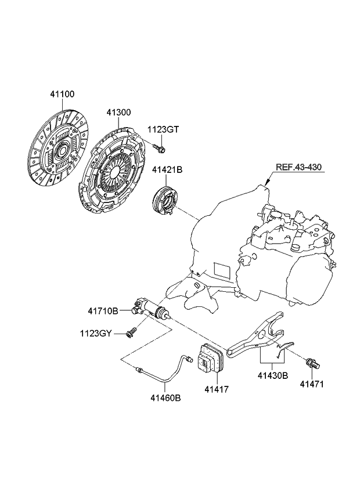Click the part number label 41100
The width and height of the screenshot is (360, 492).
coord(62,94)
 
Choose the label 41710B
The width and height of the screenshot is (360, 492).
coord(103,312)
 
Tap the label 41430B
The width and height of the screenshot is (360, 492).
coord(272,375)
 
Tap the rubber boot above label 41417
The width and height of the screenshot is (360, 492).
coord(210,358)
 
